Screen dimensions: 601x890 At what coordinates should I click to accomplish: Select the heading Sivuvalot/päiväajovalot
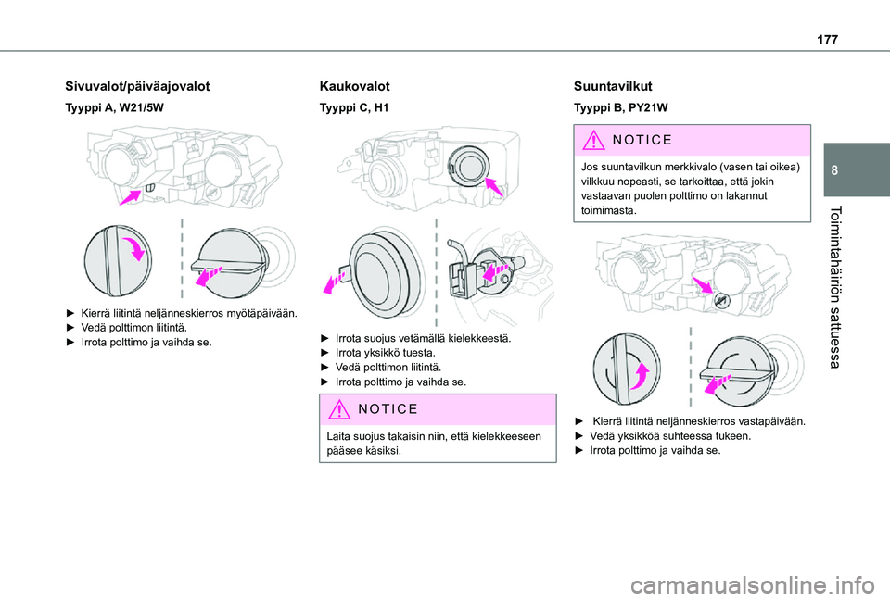click(x=137, y=86)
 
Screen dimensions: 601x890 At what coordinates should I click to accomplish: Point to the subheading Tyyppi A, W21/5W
click(x=114, y=108)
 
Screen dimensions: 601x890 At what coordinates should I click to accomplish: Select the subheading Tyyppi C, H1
click(x=353, y=108)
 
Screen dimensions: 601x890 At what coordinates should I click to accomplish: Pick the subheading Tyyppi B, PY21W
click(x=617, y=108)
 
